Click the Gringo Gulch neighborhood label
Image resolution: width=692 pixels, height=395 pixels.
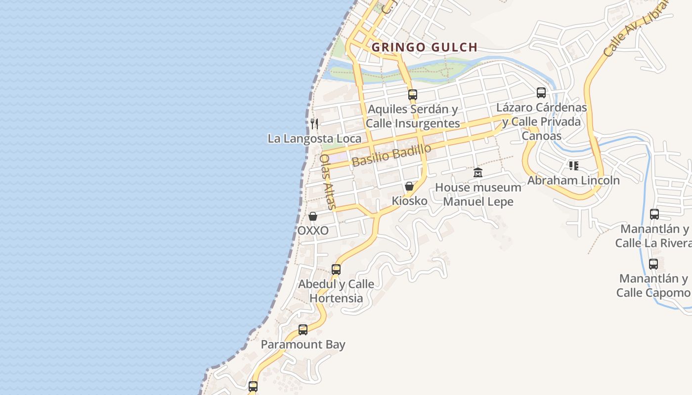click(424, 47)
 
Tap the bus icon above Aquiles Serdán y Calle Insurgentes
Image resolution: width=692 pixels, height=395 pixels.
click(412, 94)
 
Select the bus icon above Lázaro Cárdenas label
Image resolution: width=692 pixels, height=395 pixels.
click(541, 92)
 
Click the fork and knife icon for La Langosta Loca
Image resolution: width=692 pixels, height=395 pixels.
click(314, 123)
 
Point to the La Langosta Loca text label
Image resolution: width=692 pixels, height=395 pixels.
click(314, 139)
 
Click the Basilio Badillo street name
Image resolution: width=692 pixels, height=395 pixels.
click(391, 155)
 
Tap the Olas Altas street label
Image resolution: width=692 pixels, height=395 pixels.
click(328, 182)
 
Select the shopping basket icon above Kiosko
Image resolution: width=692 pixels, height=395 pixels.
click(409, 186)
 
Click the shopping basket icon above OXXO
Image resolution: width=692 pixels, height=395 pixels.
click(313, 216)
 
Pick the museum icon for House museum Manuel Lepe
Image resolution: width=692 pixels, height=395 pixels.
click(478, 173)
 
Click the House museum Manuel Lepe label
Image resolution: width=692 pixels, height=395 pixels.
click(478, 195)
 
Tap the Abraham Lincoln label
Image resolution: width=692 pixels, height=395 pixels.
click(573, 180)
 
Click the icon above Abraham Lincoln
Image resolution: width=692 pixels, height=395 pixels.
click(573, 165)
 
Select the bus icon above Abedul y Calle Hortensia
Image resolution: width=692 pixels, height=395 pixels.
click(336, 269)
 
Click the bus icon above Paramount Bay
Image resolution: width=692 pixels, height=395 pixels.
click(303, 329)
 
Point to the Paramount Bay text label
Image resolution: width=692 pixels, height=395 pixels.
click(303, 345)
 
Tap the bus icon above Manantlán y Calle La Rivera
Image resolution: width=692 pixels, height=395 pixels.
click(654, 214)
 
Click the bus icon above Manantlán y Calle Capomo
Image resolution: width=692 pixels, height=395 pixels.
click(653, 264)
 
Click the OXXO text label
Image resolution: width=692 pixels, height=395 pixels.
click(313, 231)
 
